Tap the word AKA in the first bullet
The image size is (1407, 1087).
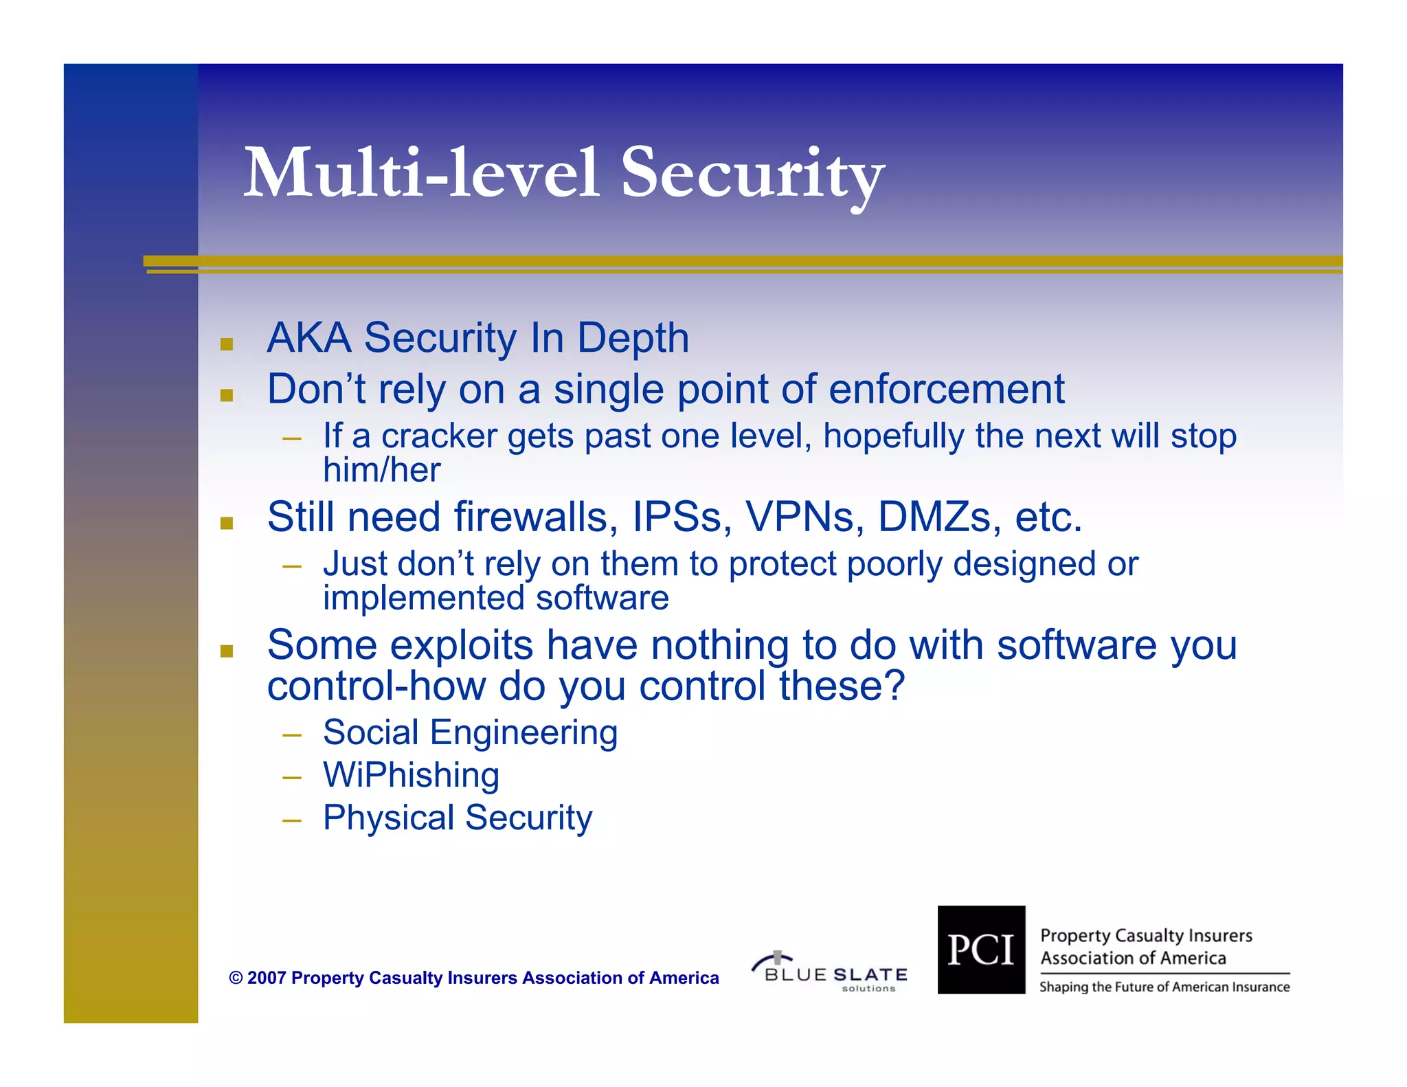click(308, 338)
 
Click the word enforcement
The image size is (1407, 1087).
click(946, 389)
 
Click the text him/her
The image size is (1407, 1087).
click(381, 470)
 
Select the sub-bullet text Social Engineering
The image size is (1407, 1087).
click(470, 732)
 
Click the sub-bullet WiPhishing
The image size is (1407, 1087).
click(411, 775)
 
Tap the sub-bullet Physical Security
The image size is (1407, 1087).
click(458, 818)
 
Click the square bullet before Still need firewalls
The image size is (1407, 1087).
click(227, 524)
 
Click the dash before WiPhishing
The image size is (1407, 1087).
click(292, 778)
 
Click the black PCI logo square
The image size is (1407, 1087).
click(981, 950)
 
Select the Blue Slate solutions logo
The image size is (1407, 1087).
click(830, 972)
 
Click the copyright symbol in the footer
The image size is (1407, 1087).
click(236, 978)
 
